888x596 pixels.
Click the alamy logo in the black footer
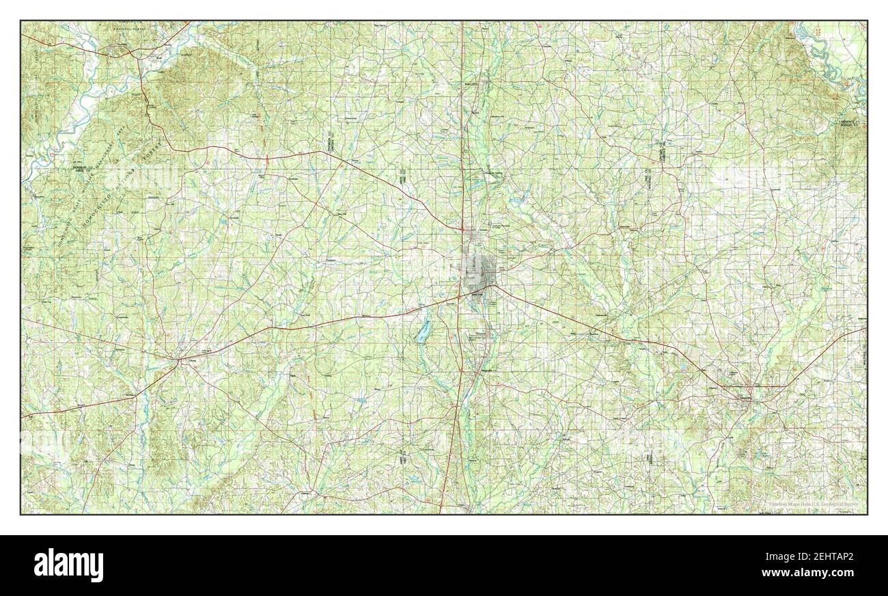tap(68, 565)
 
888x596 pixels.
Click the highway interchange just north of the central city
tap(462, 228)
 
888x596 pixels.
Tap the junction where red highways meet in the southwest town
tap(179, 358)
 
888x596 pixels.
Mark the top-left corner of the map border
tap(21, 21)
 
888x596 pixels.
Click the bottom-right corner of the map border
tap(867, 514)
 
